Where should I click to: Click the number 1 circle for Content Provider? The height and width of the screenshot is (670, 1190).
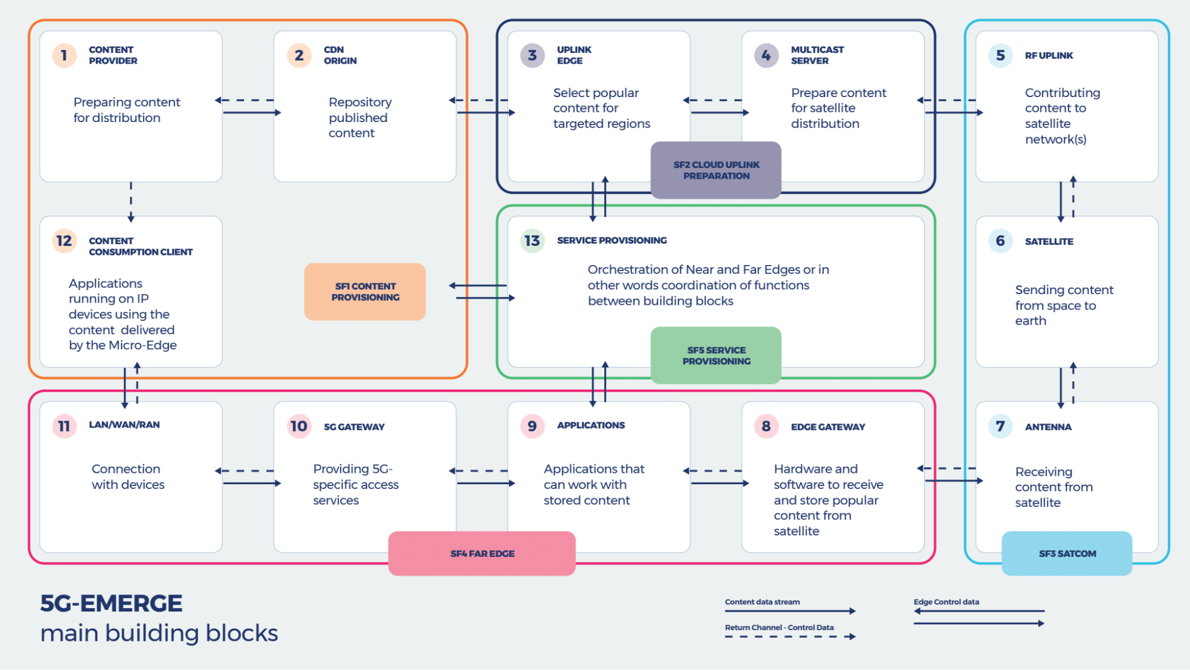tap(64, 55)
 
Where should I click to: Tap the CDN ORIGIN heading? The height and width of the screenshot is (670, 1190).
tap(340, 55)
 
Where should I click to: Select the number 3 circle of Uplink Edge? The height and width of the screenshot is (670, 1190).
tap(532, 55)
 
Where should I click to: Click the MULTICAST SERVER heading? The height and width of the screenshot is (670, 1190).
tap(817, 55)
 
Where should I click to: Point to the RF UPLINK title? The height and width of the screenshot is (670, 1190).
tap(1048, 55)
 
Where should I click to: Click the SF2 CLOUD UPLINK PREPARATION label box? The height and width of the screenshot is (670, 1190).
tap(716, 170)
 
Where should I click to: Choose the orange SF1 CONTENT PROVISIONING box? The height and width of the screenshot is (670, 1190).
tap(365, 292)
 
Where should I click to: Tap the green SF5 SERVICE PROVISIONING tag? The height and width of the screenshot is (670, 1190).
tap(716, 356)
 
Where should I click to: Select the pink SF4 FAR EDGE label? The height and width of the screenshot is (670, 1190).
tap(482, 553)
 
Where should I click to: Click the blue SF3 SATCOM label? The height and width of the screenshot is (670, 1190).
tap(1067, 553)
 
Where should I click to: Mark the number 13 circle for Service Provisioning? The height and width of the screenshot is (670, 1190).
tap(532, 241)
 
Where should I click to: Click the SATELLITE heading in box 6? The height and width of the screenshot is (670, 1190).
tap(1048, 241)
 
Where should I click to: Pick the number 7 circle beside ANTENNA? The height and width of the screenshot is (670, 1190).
tap(1000, 426)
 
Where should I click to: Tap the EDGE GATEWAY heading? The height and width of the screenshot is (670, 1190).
tap(827, 427)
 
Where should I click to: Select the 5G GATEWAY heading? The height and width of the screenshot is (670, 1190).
tap(354, 427)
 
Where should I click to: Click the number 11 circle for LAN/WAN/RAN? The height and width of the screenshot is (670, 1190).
tap(64, 426)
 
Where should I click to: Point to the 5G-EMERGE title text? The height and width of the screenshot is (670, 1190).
tap(111, 603)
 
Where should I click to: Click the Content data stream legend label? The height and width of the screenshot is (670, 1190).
tap(762, 602)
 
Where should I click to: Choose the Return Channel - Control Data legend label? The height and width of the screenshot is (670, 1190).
tap(779, 628)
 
